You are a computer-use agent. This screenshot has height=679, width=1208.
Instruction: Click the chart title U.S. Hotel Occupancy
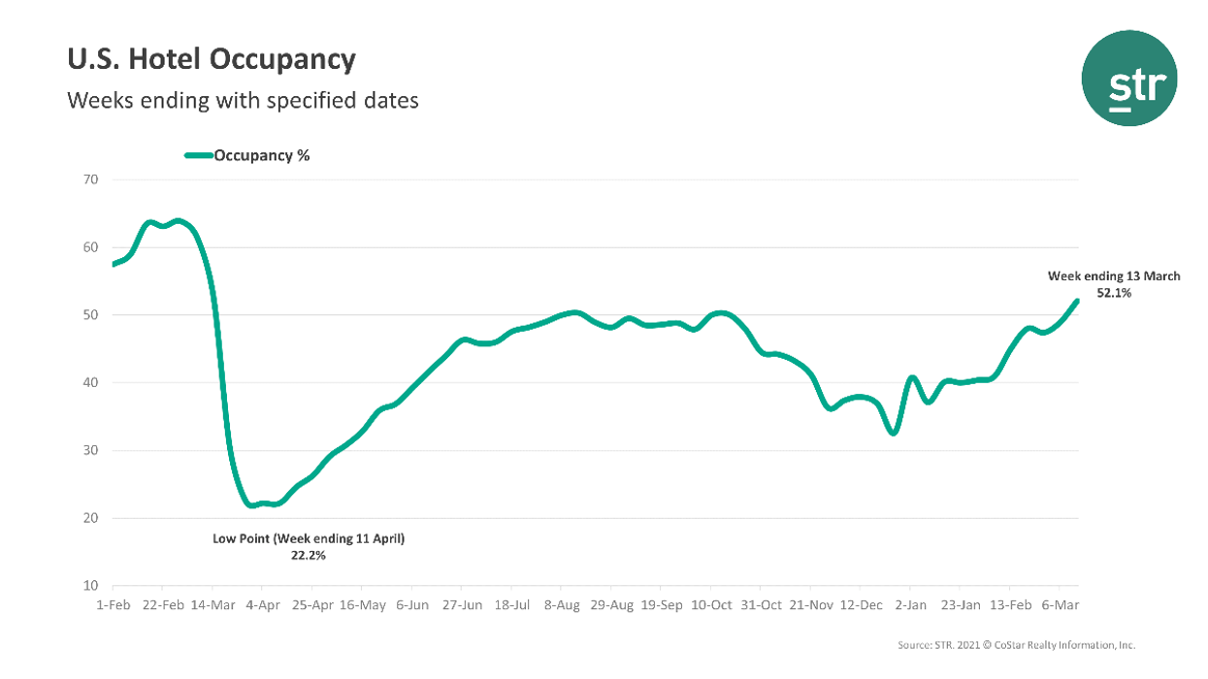[x=211, y=60]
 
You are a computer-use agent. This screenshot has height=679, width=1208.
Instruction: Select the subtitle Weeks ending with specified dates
[x=243, y=100]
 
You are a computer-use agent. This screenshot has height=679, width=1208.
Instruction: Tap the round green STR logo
[x=1129, y=79]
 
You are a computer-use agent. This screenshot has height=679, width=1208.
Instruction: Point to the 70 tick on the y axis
[x=91, y=179]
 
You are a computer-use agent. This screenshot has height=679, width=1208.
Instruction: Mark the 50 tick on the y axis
[x=91, y=315]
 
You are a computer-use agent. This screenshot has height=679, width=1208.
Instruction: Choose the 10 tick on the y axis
[x=91, y=586]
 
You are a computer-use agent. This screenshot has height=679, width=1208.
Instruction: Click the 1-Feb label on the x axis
[x=113, y=605]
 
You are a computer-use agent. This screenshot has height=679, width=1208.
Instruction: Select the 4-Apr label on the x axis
[x=262, y=605]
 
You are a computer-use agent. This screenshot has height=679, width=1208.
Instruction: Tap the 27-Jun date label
[x=462, y=605]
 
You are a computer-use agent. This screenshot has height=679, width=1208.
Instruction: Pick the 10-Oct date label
[x=711, y=605]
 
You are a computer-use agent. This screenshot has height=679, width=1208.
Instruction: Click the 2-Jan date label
[x=910, y=605]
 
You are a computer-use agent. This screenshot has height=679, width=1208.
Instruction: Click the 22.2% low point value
[x=309, y=556]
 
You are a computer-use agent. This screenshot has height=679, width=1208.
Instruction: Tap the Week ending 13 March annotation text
[x=1114, y=276]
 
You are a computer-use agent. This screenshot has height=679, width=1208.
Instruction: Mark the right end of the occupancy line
[x=1077, y=301]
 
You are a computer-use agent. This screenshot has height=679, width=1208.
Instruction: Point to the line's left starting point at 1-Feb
[x=114, y=264]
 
